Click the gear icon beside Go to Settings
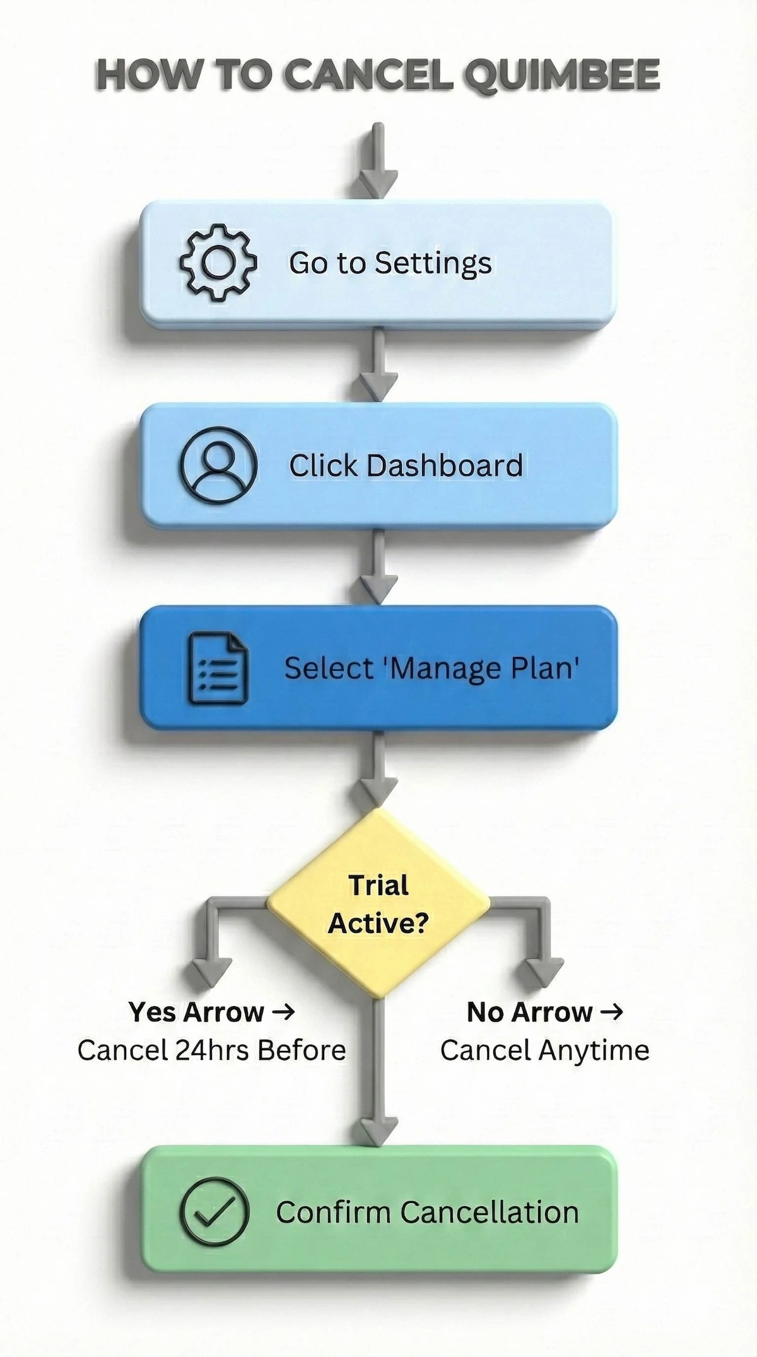[218, 263]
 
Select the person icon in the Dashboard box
[218, 465]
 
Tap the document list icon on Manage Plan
[218, 668]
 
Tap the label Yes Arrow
[196, 1012]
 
